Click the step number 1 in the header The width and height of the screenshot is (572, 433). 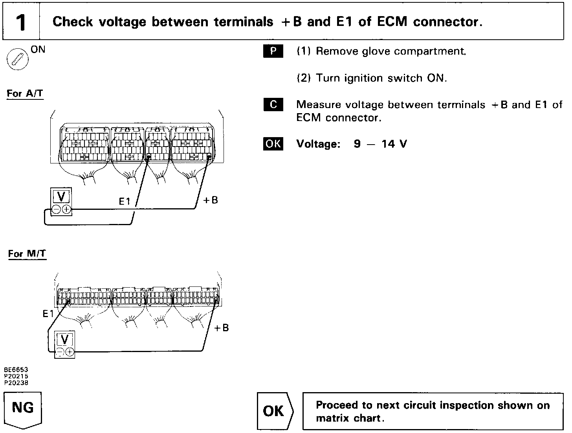click(x=21, y=22)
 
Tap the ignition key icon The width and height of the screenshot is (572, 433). click(x=17, y=60)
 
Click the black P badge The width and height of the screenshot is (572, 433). click(x=273, y=51)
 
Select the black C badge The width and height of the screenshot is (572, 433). click(x=273, y=105)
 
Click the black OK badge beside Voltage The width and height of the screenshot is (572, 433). click(x=273, y=144)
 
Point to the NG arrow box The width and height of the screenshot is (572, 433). click(x=23, y=409)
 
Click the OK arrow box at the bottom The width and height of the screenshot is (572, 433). click(x=275, y=411)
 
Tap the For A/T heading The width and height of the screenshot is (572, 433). click(x=25, y=94)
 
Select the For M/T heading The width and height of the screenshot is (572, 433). click(x=27, y=254)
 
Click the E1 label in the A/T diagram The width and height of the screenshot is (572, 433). click(x=124, y=202)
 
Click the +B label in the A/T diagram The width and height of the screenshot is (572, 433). click(x=210, y=200)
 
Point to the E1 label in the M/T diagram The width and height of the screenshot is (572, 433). click(x=48, y=314)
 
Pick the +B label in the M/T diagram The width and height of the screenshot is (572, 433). click(x=221, y=328)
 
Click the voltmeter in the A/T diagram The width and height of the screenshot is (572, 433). click(x=61, y=201)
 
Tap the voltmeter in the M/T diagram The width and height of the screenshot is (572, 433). click(x=65, y=344)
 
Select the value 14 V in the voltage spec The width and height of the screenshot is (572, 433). click(x=394, y=144)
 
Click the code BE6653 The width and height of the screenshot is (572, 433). click(x=16, y=370)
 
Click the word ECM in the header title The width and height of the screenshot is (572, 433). click(x=392, y=22)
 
